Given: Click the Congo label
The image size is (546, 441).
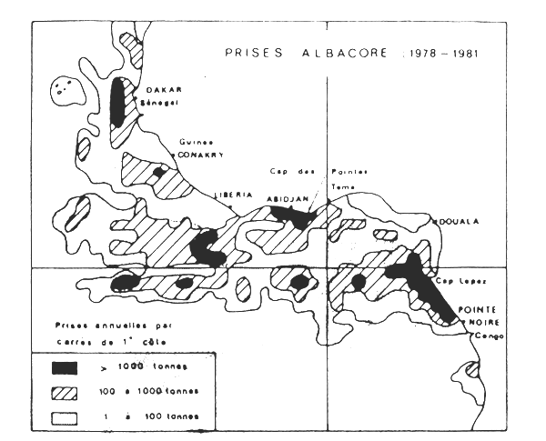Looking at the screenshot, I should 484,336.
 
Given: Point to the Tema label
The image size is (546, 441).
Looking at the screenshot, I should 342,187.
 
